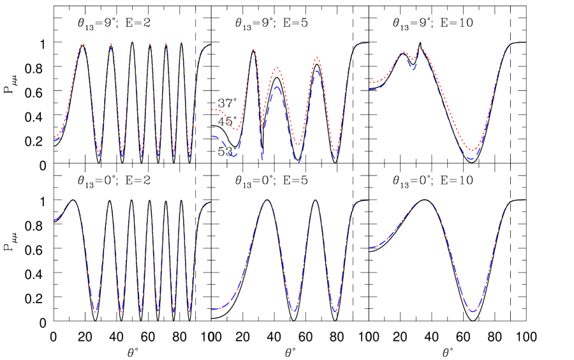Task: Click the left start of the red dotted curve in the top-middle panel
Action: pyautogui.click(x=212, y=110)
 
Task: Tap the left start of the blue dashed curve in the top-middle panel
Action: pyautogui.click(x=212, y=136)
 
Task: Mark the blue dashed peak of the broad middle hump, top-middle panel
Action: pyautogui.click(x=277, y=87)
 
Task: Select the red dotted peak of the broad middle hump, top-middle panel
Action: pyautogui.click(x=277, y=68)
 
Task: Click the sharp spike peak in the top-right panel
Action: pyautogui.click(x=420, y=43)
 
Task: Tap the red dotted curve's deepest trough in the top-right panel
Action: pyautogui.click(x=472, y=151)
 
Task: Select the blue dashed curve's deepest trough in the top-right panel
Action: pyautogui.click(x=471, y=158)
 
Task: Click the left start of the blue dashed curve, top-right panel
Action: pyautogui.click(x=369, y=89)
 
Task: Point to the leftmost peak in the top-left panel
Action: pyautogui.click(x=82, y=44)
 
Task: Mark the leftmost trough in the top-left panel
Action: pyautogui.click(x=99, y=155)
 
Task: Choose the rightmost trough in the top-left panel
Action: pyautogui.click(x=189, y=156)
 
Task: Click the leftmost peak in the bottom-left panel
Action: pyautogui.click(x=74, y=200)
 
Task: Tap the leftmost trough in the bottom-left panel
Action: pyautogui.click(x=95, y=311)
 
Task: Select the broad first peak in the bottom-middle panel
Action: pyautogui.click(x=267, y=200)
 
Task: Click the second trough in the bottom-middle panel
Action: pyautogui.click(x=335, y=311)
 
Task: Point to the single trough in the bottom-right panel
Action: pyautogui.click(x=472, y=311)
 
